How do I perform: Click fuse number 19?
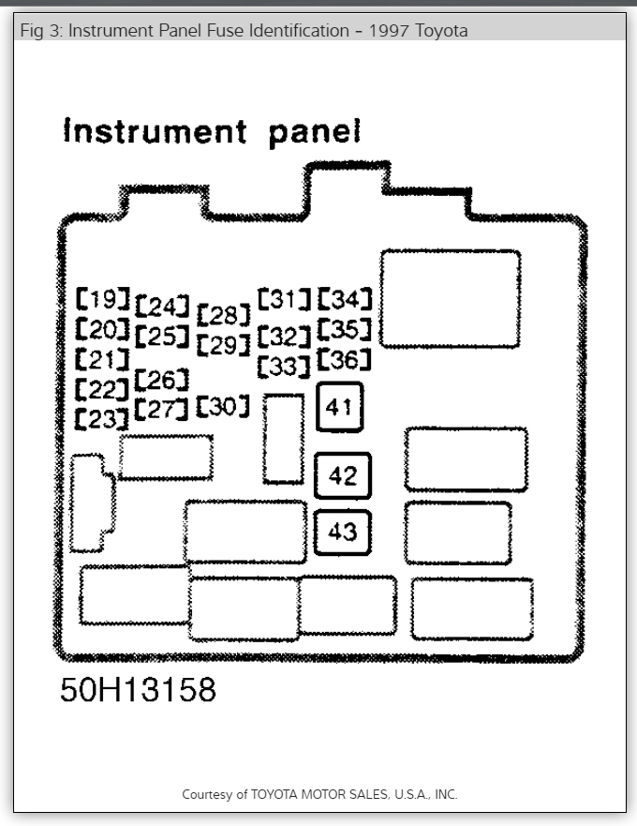click(103, 300)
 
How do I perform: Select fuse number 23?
click(102, 419)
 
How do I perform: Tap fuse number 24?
click(162, 307)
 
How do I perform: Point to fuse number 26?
click(162, 380)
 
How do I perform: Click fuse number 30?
click(223, 406)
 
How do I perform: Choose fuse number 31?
click(284, 299)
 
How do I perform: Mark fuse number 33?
click(284, 366)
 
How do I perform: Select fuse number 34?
click(345, 300)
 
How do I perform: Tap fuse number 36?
click(345, 360)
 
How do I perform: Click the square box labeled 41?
click(339, 408)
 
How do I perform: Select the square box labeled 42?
click(343, 476)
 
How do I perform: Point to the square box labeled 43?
click(343, 532)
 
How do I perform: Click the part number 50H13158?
click(138, 691)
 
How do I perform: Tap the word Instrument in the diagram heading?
click(155, 131)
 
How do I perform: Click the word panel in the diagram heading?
click(315, 133)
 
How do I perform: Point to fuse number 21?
click(102, 359)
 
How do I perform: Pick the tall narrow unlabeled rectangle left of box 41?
click(283, 439)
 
